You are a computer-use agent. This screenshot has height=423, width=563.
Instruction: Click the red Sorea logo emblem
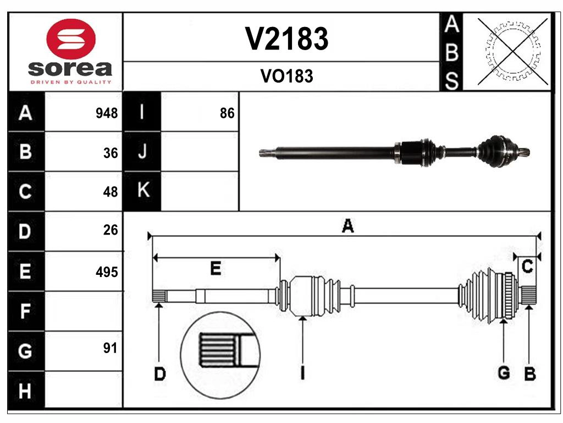(71, 39)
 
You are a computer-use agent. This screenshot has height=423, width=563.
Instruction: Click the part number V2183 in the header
(286, 39)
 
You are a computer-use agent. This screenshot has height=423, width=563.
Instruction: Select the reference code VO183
(286, 76)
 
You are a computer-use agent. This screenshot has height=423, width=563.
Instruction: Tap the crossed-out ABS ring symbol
(512, 52)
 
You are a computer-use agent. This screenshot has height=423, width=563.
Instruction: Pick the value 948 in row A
(106, 113)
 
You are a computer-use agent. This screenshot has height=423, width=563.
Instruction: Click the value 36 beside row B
(111, 153)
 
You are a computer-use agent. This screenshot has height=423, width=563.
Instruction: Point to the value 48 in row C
(111, 192)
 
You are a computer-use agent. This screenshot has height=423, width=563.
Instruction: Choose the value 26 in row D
(111, 230)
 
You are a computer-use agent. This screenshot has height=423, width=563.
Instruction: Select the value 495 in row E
(107, 272)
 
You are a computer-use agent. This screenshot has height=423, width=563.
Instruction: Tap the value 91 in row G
(110, 348)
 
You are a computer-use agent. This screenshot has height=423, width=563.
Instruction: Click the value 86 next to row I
(227, 113)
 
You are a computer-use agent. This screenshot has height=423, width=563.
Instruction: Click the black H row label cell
(25, 391)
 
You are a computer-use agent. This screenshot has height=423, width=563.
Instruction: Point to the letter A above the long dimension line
(347, 226)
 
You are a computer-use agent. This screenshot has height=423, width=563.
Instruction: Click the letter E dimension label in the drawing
(216, 269)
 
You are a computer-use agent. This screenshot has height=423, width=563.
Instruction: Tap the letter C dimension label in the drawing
(527, 267)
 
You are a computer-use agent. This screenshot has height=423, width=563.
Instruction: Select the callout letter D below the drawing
(159, 375)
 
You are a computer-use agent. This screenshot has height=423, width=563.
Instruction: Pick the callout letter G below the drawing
(504, 373)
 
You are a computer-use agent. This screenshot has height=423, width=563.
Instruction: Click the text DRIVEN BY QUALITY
(71, 82)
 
